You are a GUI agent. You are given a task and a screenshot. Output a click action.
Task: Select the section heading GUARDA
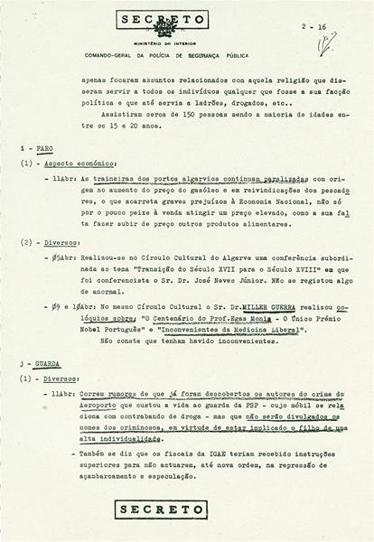[46, 363]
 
